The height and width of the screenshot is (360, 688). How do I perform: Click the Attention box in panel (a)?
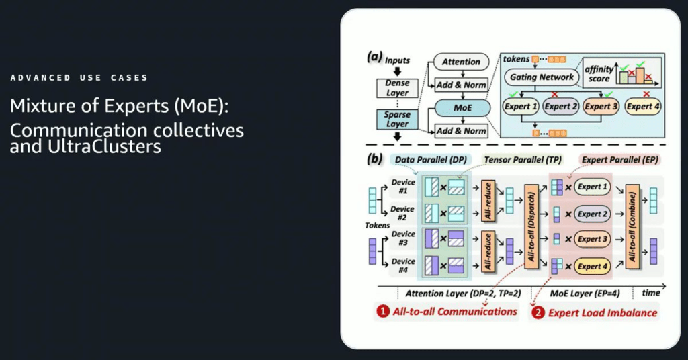pos(461,62)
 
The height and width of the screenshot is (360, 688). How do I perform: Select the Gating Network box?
pos(542,77)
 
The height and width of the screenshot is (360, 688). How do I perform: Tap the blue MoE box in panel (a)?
pos(462,108)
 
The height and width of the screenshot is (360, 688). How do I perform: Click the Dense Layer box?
pos(397,88)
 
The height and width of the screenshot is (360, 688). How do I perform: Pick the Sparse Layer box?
pos(397,120)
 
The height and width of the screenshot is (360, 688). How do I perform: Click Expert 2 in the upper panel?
pos(561,107)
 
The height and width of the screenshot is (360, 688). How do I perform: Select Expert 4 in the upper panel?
pos(643,107)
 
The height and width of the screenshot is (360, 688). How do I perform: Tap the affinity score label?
pos(599,74)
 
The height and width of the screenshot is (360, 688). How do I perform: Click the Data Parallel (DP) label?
pos(431,160)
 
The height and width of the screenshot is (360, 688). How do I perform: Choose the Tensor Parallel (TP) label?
pos(523,160)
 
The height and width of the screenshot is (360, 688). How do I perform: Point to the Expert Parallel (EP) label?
pos(620,160)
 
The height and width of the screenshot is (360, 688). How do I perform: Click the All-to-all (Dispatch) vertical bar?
pos(531,226)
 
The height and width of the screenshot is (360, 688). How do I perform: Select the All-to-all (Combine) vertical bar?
pos(632,226)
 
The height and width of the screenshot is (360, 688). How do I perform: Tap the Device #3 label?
pos(403,238)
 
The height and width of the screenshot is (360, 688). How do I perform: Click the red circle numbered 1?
pos(382,312)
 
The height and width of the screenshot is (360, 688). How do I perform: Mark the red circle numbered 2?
pos(538,312)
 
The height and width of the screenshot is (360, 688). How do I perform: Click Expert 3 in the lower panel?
pos(593,239)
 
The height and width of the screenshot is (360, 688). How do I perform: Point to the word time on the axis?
pos(650,293)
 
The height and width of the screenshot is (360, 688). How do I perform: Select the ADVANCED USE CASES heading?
pos(79,78)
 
